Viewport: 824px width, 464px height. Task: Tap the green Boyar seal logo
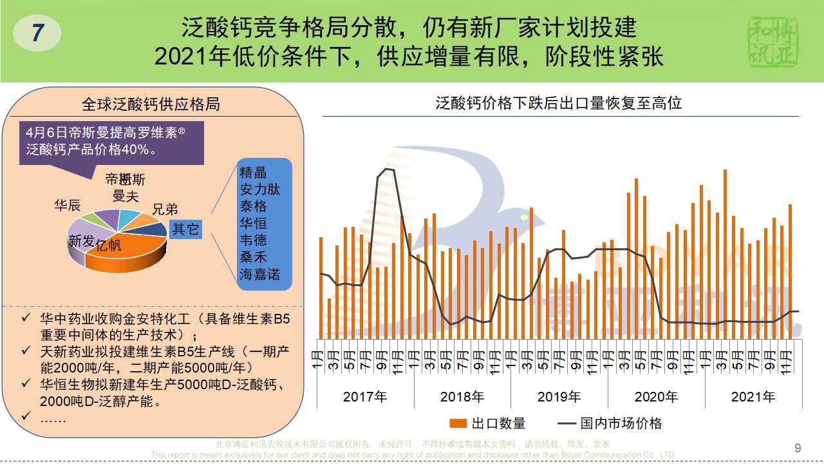point(773,41)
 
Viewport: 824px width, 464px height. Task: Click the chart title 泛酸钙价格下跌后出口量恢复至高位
point(558,103)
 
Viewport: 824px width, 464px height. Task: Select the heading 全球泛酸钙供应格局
point(151,104)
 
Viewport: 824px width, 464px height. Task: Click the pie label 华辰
point(67,206)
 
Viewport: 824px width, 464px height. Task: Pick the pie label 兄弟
point(165,209)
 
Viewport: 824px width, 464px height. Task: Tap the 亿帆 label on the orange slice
point(108,246)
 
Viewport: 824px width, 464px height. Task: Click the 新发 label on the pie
point(81,242)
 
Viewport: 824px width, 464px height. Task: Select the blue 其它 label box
point(185,229)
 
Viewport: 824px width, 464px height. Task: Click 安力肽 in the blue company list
point(260,189)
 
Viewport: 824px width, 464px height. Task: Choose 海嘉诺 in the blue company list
point(260,275)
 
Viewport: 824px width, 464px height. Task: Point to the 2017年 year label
point(365,397)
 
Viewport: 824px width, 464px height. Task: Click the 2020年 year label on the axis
point(656,397)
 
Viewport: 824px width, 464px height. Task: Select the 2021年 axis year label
point(753,397)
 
